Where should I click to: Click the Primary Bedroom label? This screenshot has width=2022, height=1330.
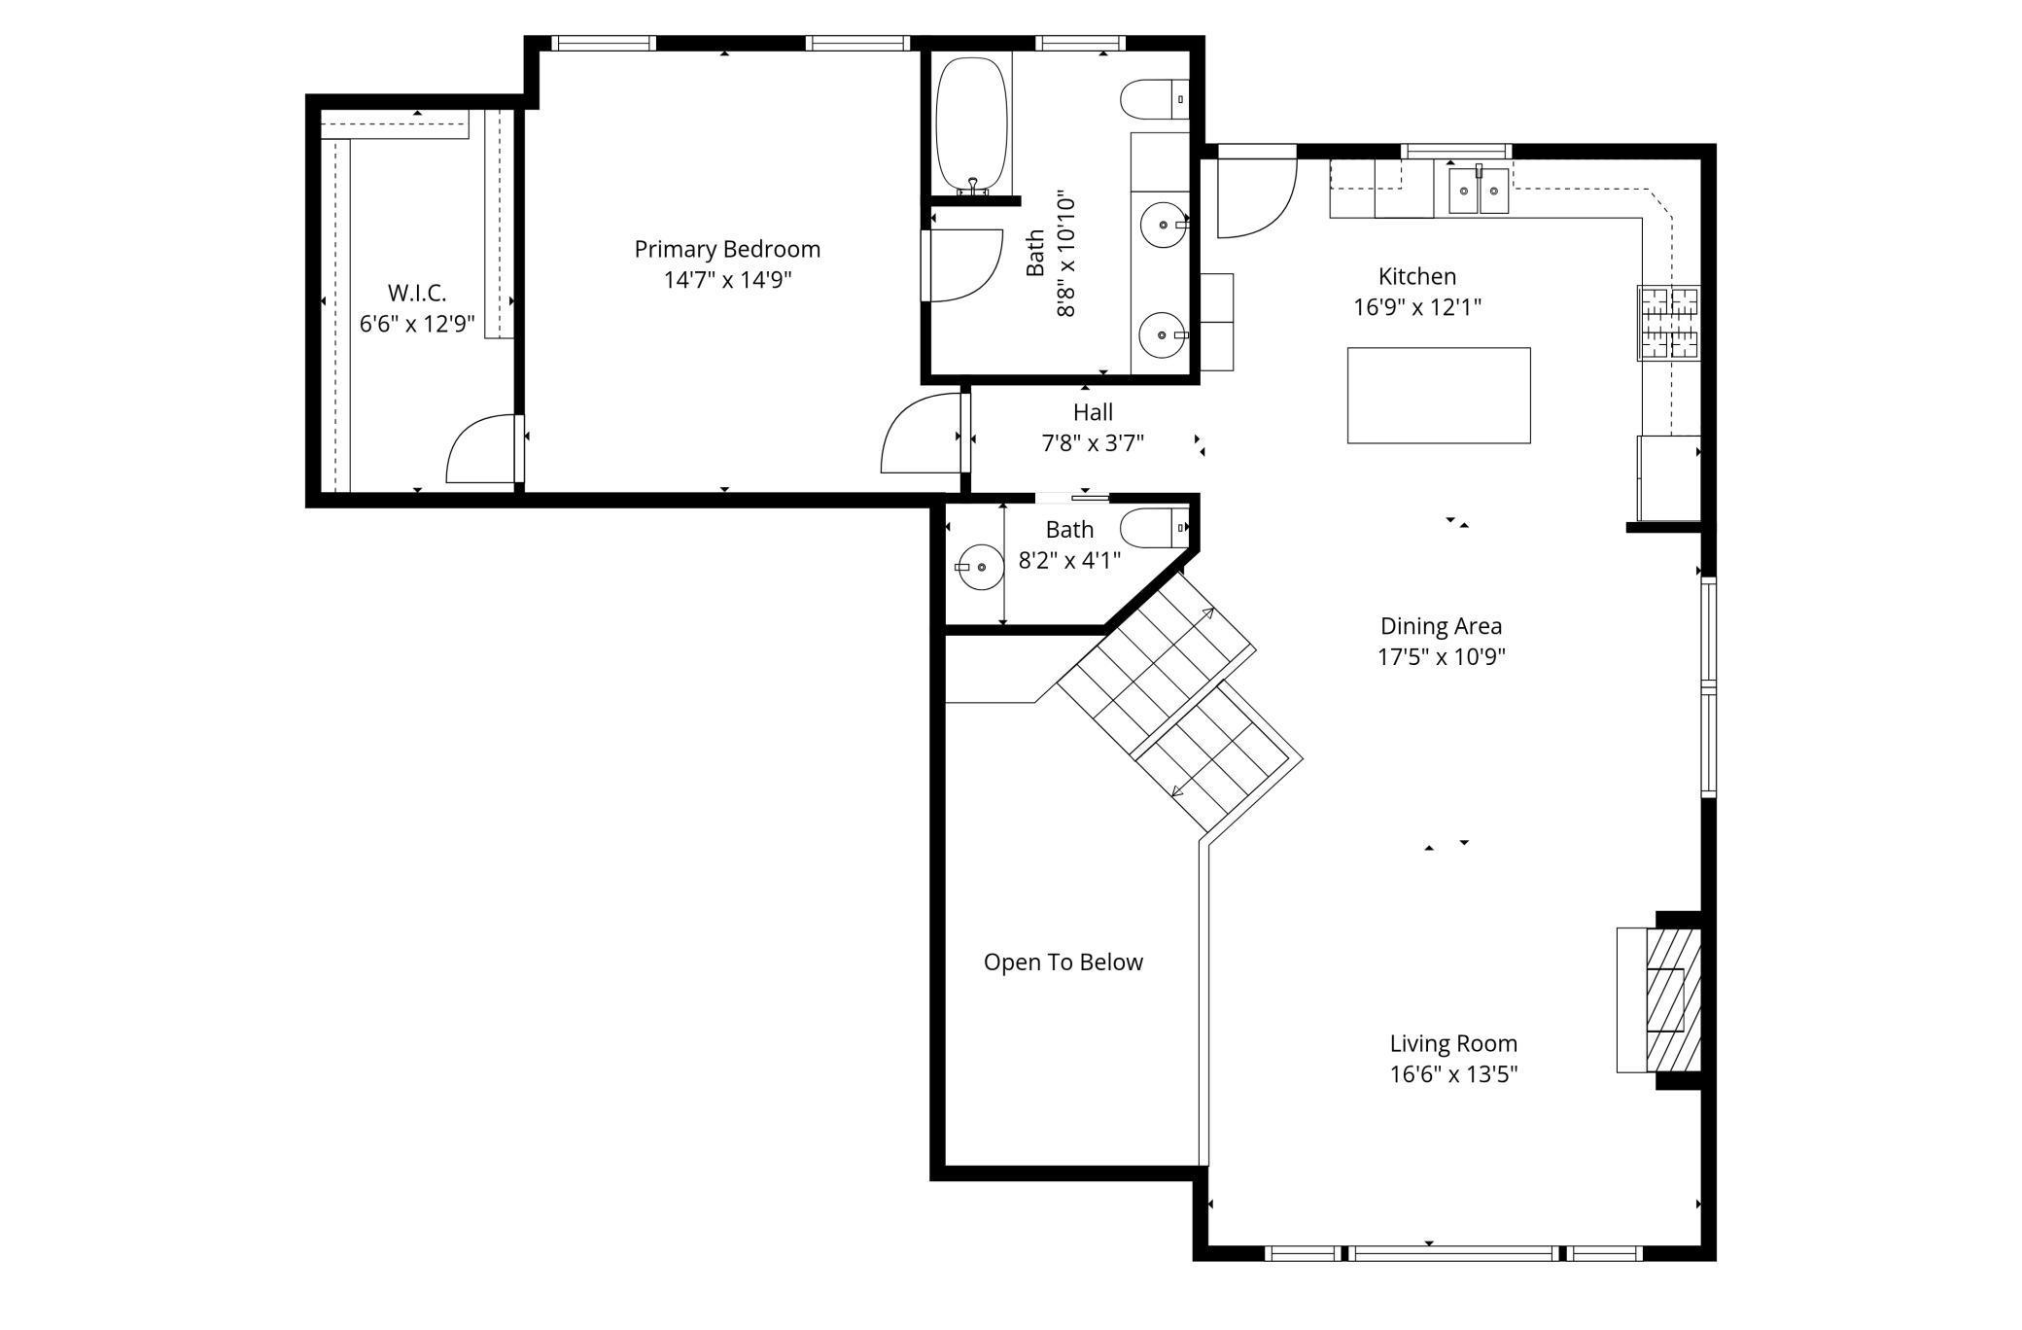point(727,250)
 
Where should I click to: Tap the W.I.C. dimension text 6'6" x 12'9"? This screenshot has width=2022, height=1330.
point(417,324)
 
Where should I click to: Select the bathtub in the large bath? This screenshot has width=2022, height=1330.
point(971,124)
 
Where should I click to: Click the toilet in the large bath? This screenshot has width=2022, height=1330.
point(1155,99)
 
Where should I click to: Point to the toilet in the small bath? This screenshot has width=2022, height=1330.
point(1155,528)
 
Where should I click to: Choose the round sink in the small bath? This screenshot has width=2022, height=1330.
point(981,567)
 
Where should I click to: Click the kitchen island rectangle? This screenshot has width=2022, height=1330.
point(1439,395)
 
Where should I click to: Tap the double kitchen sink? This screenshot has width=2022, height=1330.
point(1479,190)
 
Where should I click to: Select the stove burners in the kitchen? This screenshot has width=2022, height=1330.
point(1669,323)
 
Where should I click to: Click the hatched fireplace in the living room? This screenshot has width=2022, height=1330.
point(1672,999)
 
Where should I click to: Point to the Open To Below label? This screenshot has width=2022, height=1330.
point(1063,962)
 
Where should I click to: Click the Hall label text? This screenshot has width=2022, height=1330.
point(1093,412)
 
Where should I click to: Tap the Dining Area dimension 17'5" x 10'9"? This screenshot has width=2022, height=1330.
point(1441,656)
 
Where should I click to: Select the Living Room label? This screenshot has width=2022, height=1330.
point(1453,1044)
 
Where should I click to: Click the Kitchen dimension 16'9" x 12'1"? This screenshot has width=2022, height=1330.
point(1417,307)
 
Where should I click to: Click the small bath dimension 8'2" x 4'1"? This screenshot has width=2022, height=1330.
point(1069,560)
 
